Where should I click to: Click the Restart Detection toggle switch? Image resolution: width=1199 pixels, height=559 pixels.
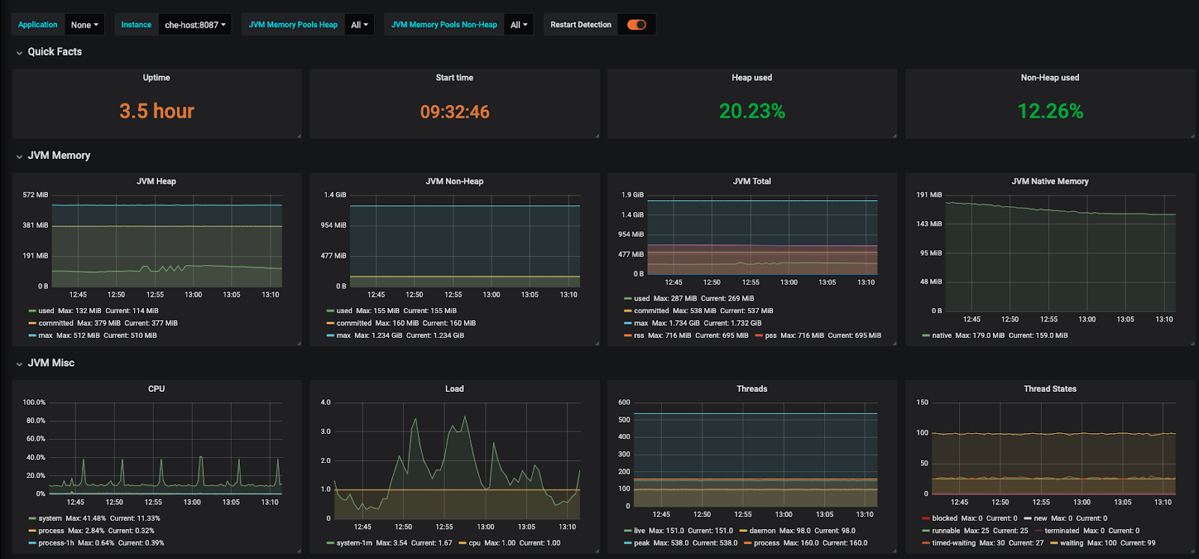[636, 25]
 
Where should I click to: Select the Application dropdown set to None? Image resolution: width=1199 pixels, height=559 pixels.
[85, 25]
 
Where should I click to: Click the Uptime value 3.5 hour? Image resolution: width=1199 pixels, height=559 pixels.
[157, 112]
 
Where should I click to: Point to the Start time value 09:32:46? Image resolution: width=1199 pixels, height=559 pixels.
[454, 112]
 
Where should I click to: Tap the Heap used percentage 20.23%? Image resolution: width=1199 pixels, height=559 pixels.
[752, 112]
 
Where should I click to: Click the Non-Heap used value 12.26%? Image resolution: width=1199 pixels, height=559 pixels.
[1050, 112]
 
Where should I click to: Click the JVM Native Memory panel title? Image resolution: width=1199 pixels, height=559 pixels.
[1049, 181]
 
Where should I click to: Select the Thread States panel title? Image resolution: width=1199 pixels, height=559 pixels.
[1049, 389]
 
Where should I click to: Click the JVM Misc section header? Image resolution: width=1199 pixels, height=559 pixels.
[51, 363]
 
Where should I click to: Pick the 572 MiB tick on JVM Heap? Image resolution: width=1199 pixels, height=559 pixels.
[35, 195]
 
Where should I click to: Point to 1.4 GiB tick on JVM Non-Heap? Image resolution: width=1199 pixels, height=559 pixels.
[335, 195]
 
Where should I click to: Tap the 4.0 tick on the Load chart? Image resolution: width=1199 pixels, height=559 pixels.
[325, 402]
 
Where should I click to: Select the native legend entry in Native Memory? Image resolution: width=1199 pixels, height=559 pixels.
[941, 336]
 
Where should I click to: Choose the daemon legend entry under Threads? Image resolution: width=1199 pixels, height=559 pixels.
[762, 531]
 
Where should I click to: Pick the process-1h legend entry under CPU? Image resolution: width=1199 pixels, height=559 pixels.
[55, 543]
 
